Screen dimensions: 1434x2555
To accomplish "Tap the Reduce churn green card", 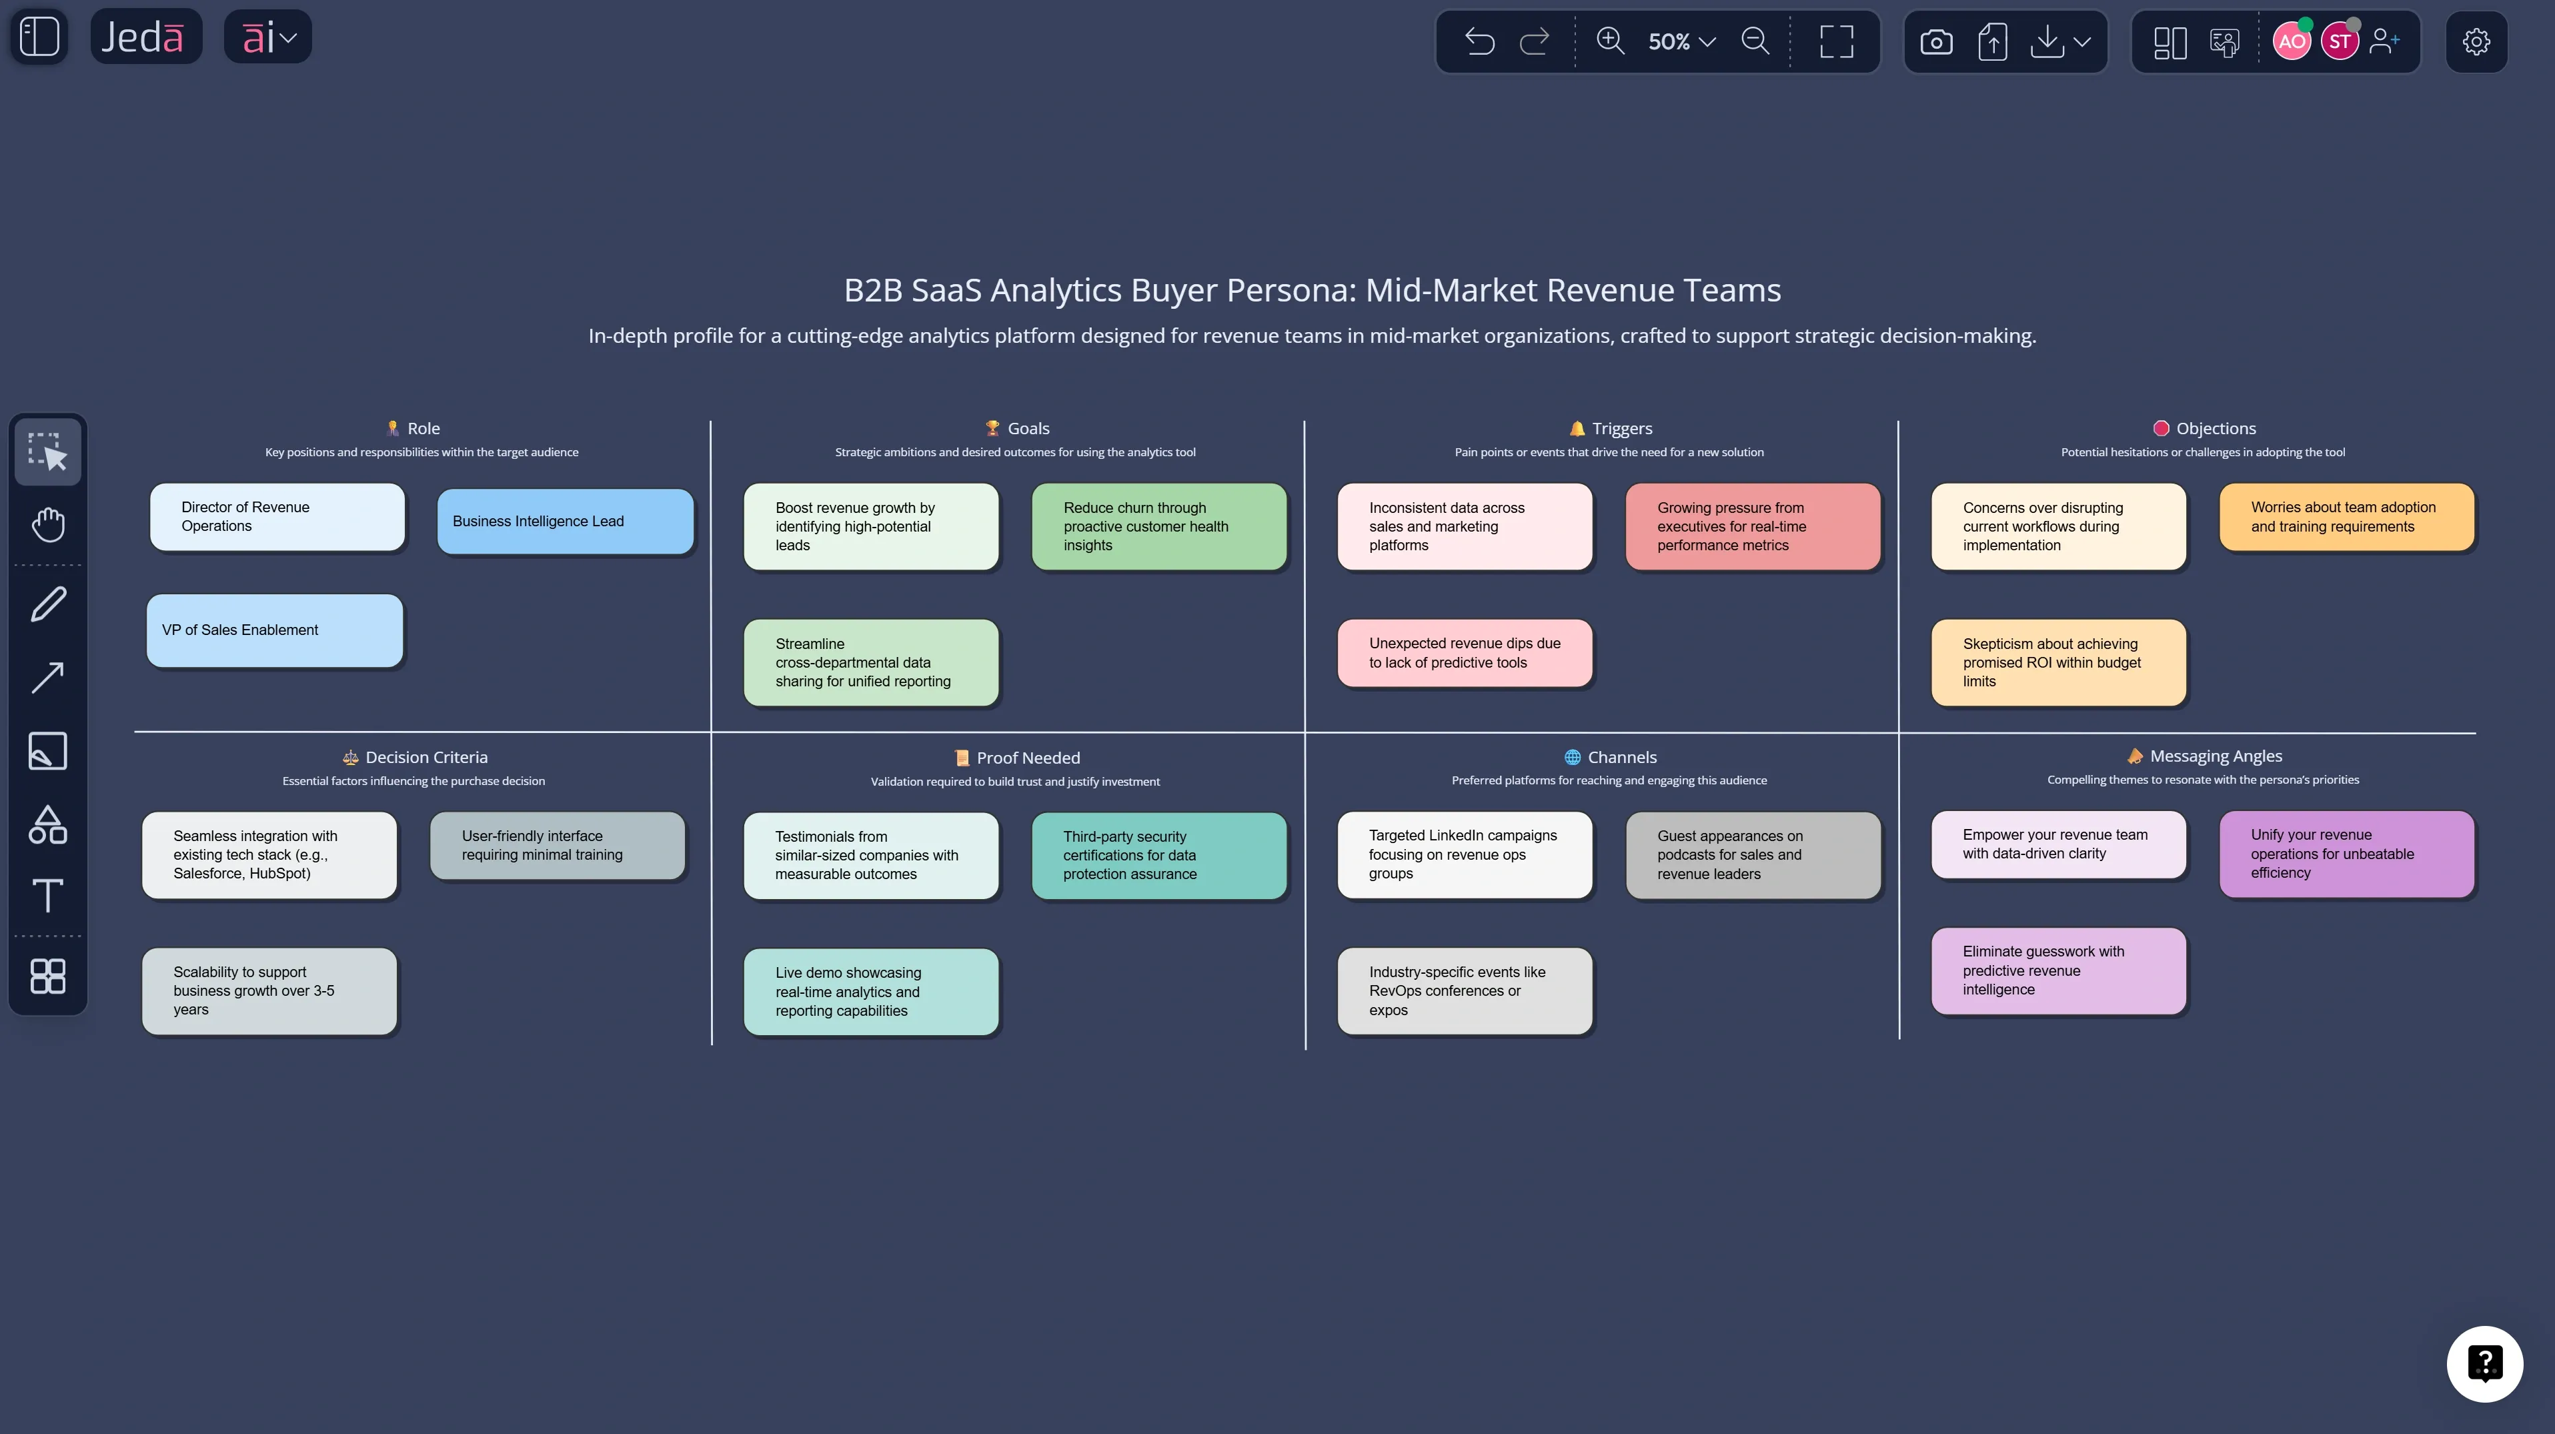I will pyautogui.click(x=1158, y=527).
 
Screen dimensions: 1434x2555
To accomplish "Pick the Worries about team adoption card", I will pyautogui.click(x=2346, y=518).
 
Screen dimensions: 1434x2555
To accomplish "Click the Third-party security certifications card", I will pyautogui.click(x=1158, y=856).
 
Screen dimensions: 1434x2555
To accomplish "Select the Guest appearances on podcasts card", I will pyautogui.click(x=1753, y=855).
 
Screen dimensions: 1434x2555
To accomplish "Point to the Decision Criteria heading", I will pyautogui.click(x=425, y=758).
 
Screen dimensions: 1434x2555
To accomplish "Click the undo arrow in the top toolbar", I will pyautogui.click(x=1479, y=41).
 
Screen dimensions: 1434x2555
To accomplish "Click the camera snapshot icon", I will pyautogui.click(x=1935, y=41).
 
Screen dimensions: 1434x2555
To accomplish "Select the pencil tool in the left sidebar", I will pyautogui.click(x=47, y=604).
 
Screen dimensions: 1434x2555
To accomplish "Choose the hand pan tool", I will pyautogui.click(x=47, y=525).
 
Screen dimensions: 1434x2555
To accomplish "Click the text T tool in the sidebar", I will pyautogui.click(x=47, y=896).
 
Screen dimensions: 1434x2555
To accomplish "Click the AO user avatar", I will pyautogui.click(x=2290, y=41).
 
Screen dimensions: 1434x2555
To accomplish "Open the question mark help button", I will pyautogui.click(x=2484, y=1363).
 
